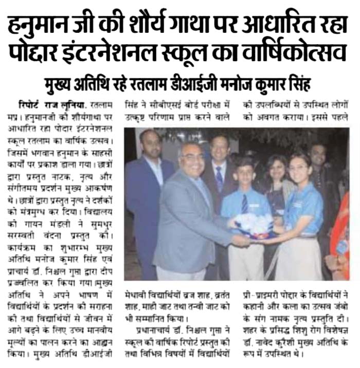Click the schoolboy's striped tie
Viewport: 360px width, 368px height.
click(x=244, y=203)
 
